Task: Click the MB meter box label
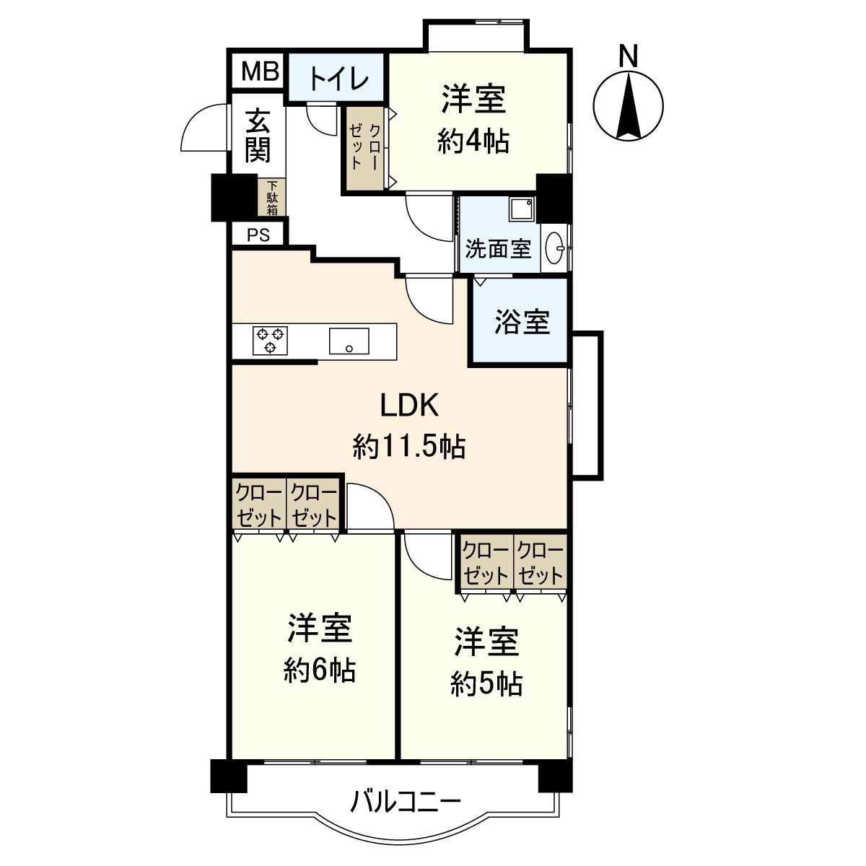coord(259,71)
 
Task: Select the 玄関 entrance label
coord(258,136)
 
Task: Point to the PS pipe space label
coord(258,235)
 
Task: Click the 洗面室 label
coord(498,249)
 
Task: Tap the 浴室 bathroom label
coord(522,322)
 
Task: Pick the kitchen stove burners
coord(270,340)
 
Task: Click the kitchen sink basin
coord(349,341)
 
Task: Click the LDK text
coord(409,406)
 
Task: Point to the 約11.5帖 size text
coord(409,447)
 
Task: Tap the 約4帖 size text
coord(473,141)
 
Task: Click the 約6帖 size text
coord(320,671)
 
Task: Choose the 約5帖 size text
coord(486,683)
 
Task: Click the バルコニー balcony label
coord(406,802)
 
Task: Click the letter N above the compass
coord(629,56)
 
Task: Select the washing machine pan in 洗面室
coord(521,209)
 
